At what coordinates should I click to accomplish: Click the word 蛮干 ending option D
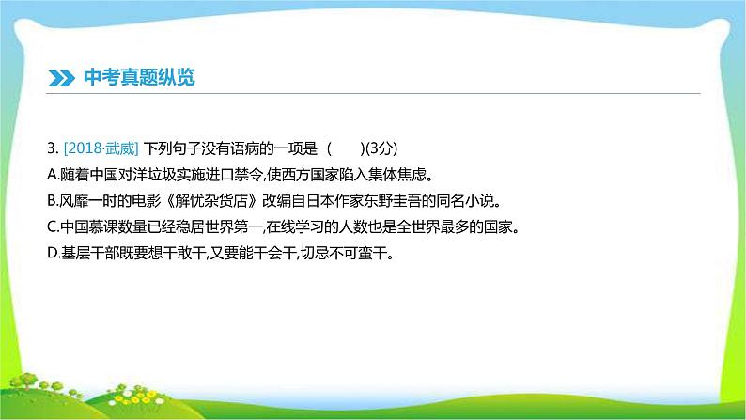(x=374, y=253)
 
